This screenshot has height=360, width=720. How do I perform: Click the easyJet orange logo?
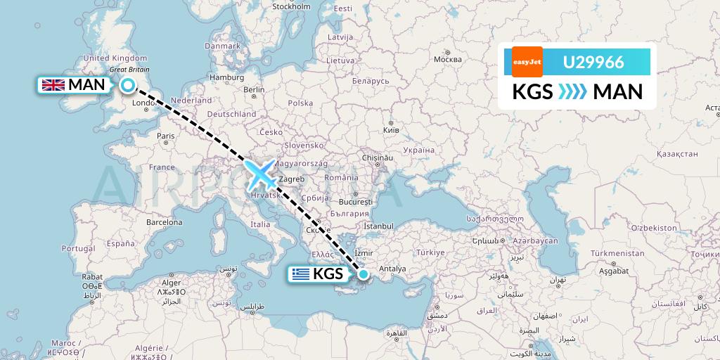(x=527, y=62)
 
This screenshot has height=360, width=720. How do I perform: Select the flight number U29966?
(x=593, y=62)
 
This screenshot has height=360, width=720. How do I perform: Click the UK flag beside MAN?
(x=53, y=85)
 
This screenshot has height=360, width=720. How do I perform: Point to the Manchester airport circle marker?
(x=128, y=85)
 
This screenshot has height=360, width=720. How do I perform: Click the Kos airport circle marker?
(x=364, y=274)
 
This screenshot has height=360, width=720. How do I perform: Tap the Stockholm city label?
(x=291, y=7)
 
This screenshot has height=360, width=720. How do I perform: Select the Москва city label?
(x=447, y=59)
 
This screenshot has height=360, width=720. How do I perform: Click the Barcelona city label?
(x=163, y=221)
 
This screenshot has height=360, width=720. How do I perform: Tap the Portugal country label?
(x=78, y=248)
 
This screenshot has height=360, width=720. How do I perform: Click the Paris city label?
(x=166, y=136)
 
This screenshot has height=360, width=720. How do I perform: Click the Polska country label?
(x=300, y=103)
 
